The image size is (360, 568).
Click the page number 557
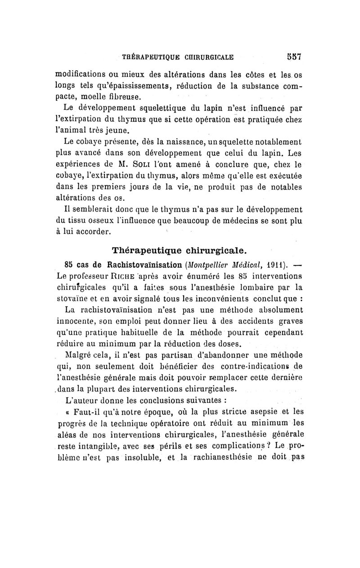(293, 57)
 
